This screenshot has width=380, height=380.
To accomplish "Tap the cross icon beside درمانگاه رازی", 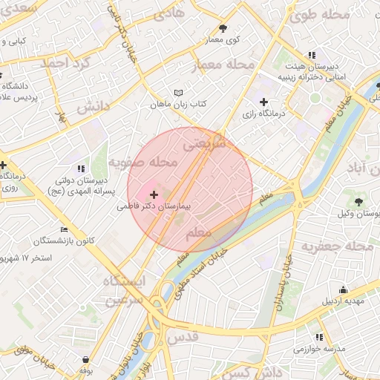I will pos(263,102).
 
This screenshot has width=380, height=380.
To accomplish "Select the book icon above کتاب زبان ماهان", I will pos(177,92).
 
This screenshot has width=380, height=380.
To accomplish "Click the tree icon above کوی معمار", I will pos(223,27).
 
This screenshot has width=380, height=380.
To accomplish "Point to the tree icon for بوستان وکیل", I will pos(359,201).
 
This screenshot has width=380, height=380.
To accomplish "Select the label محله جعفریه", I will pos(342,246).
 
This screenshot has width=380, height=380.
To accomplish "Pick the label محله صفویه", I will pos(143,161).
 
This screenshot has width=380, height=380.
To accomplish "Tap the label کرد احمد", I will pos(65,63).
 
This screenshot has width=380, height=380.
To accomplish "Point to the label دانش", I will pos(93,106).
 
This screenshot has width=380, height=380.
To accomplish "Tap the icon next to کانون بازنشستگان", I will pos(64,229).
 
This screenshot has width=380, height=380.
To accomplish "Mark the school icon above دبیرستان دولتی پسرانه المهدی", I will pos(80,168).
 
